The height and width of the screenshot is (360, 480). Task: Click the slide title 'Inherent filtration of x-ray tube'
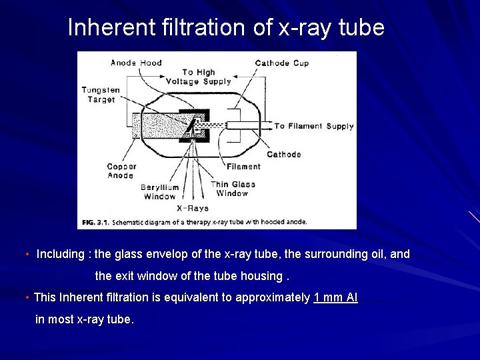[226, 27]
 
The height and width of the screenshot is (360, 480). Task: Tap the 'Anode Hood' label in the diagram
[136, 63]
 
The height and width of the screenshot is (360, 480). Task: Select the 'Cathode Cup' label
[281, 63]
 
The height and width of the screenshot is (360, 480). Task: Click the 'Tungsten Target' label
[101, 95]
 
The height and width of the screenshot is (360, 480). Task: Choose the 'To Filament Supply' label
[314, 126]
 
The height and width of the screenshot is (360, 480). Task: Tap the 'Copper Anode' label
[121, 171]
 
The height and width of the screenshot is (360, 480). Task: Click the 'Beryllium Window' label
[160, 192]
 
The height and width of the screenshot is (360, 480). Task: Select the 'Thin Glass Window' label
[233, 189]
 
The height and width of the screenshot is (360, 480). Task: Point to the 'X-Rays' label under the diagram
[192, 208]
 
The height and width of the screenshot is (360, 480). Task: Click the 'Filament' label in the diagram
[243, 167]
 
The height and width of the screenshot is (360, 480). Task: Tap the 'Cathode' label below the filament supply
[284, 154]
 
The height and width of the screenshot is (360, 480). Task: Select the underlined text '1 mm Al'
[335, 297]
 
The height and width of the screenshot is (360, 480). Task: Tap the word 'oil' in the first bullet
[377, 254]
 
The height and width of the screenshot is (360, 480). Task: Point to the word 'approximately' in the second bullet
[278, 297]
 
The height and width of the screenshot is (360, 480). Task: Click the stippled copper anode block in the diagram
[160, 126]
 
